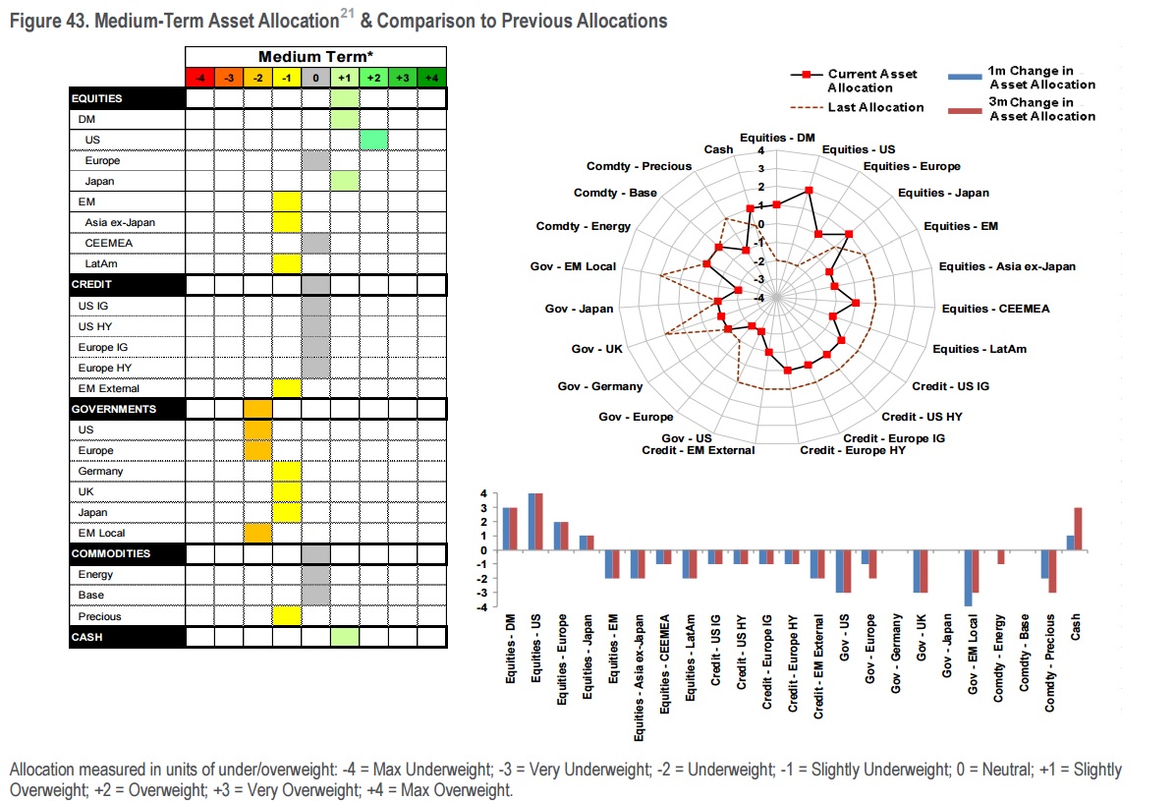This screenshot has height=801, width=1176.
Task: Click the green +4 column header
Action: click(432, 77)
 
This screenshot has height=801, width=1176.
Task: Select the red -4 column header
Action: click(199, 77)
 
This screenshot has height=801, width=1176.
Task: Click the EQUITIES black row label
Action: click(127, 98)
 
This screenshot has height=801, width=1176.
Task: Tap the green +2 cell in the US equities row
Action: click(373, 140)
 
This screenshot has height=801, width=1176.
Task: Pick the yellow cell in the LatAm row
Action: click(287, 263)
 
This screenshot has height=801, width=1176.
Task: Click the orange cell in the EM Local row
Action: click(257, 533)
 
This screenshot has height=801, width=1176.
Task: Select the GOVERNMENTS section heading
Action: click(127, 409)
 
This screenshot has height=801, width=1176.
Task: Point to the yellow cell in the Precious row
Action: click(287, 616)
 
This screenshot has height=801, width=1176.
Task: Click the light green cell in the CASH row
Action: click(345, 637)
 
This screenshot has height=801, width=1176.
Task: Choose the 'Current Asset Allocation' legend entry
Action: click(872, 80)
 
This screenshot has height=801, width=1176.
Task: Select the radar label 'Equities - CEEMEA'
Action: click(995, 309)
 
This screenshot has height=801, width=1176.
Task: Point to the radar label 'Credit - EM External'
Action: click(698, 450)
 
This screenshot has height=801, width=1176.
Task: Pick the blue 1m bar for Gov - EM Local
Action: click(968, 578)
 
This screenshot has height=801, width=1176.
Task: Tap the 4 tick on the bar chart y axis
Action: click(482, 493)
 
